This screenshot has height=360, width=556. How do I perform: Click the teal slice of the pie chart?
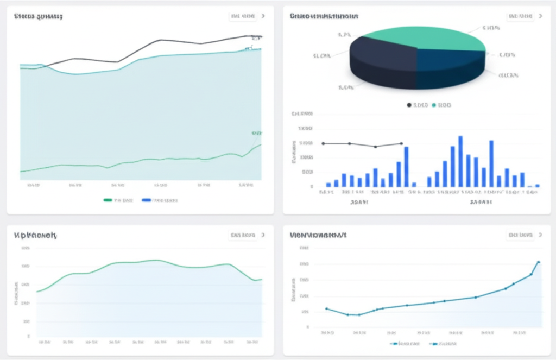pyautogui.click(x=424, y=37)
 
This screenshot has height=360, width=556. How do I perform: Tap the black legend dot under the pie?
pyautogui.click(x=409, y=105)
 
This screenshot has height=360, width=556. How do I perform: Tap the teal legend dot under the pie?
pyautogui.click(x=434, y=105)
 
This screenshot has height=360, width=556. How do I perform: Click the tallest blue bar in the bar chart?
pyautogui.click(x=460, y=161)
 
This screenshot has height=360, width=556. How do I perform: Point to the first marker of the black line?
pyautogui.click(x=324, y=143)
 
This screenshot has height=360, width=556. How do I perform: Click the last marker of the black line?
pyautogui.click(x=401, y=143)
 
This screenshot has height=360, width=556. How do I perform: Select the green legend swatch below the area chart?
pyautogui.click(x=108, y=200)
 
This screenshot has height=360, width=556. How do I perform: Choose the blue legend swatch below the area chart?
pyautogui.click(x=146, y=200)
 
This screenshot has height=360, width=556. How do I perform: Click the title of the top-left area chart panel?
pyautogui.click(x=38, y=16)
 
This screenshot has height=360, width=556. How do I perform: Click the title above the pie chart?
pyautogui.click(x=324, y=16)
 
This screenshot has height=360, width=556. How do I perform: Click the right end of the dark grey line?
pyautogui.click(x=261, y=37)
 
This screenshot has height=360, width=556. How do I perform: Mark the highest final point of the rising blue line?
pyautogui.click(x=539, y=262)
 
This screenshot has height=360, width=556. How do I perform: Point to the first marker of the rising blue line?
pyautogui.click(x=326, y=308)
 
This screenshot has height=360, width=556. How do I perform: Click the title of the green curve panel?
pyautogui.click(x=36, y=235)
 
